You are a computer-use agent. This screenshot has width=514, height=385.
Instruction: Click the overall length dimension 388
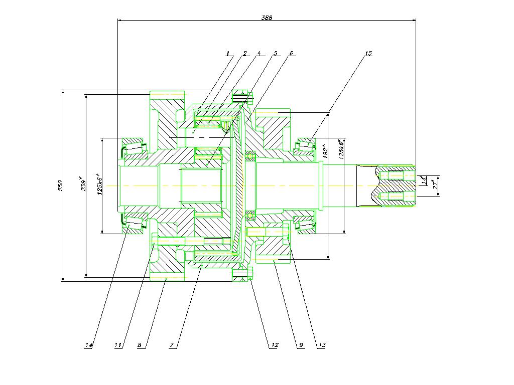(x=267, y=18)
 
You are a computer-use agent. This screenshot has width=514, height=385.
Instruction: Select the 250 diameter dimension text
(x=60, y=185)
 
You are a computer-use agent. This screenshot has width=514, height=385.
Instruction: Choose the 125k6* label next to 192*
(x=341, y=149)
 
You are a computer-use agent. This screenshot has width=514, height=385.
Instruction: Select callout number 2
(x=244, y=53)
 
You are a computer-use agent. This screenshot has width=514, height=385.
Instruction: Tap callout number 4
(x=259, y=53)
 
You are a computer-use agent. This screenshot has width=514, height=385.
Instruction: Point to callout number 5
(x=275, y=53)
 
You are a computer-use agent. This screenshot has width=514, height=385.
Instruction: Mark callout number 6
(x=291, y=53)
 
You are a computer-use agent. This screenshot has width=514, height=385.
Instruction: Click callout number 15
(x=368, y=53)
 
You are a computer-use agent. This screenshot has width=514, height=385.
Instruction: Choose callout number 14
(x=89, y=345)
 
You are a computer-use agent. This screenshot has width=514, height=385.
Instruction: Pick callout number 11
(x=118, y=345)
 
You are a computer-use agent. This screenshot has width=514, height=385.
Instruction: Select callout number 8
(x=140, y=345)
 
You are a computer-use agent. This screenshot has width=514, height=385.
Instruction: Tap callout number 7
(x=172, y=345)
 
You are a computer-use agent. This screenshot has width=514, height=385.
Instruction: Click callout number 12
(x=275, y=345)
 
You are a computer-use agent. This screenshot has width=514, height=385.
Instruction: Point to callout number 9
(x=301, y=345)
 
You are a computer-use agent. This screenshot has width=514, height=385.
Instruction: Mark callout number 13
(x=322, y=345)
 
